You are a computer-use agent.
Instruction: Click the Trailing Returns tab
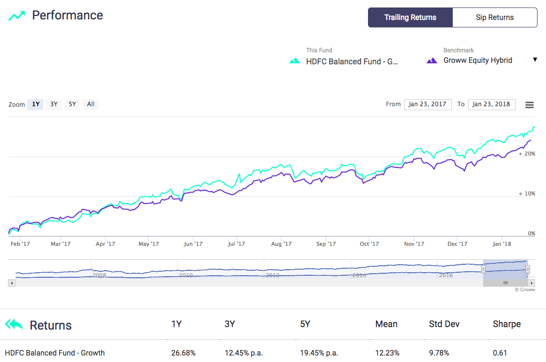(x=410, y=17)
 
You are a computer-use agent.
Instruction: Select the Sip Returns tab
(x=495, y=17)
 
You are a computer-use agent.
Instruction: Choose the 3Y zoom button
(x=54, y=104)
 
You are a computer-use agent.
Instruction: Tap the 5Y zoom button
(x=72, y=104)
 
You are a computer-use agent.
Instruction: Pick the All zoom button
(x=91, y=104)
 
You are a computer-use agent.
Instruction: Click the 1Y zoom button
(x=35, y=104)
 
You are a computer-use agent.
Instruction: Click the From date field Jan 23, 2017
(x=428, y=104)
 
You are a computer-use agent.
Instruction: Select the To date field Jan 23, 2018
(x=491, y=104)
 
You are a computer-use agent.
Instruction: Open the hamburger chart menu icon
(x=530, y=105)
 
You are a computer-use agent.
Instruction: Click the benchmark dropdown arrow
(x=535, y=60)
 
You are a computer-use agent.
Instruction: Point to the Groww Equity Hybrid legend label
(x=478, y=60)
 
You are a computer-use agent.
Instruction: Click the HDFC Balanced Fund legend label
(x=352, y=62)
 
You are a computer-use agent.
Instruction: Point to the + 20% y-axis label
(x=527, y=154)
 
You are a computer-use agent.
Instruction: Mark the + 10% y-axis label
(x=527, y=193)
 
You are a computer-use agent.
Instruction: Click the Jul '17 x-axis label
(x=236, y=244)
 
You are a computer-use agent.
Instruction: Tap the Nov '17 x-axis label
(x=414, y=244)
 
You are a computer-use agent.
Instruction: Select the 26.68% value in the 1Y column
(x=183, y=353)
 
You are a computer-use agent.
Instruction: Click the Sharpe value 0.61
(x=500, y=353)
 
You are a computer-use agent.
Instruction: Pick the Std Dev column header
(x=444, y=324)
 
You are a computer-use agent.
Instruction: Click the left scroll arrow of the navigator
(x=12, y=283)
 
